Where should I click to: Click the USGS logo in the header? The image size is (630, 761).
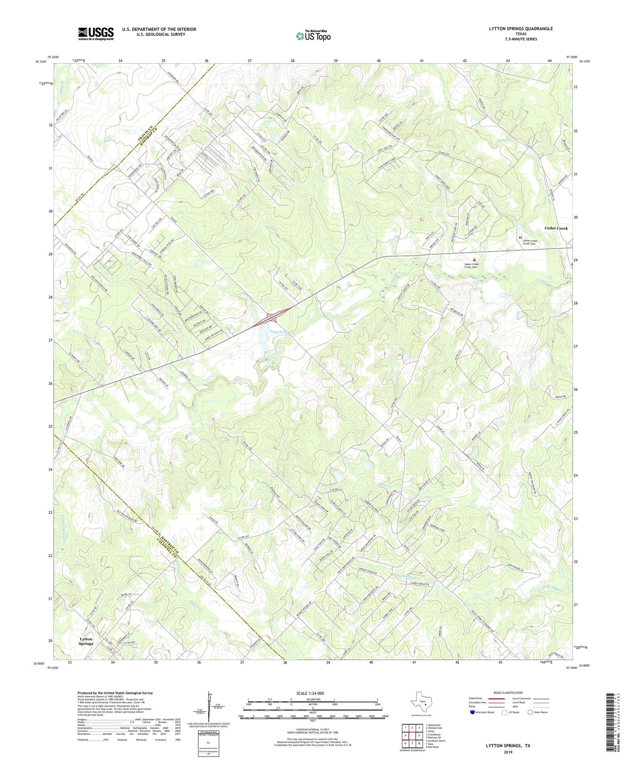click(95, 33)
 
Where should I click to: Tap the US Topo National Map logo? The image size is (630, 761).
click(313, 36)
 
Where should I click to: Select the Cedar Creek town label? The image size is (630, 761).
click(556, 228)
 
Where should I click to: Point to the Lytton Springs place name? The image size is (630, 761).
click(86, 641)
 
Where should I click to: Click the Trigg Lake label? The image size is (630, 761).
click(278, 332)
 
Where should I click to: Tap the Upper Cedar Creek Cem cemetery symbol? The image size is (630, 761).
click(475, 260)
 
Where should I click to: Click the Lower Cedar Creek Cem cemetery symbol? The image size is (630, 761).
click(521, 237)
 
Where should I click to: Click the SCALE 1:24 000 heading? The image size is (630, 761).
click(310, 693)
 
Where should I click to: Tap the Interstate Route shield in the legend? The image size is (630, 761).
click(473, 712)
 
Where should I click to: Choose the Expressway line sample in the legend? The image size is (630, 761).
click(497, 699)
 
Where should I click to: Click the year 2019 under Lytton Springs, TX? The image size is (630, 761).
click(508, 752)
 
